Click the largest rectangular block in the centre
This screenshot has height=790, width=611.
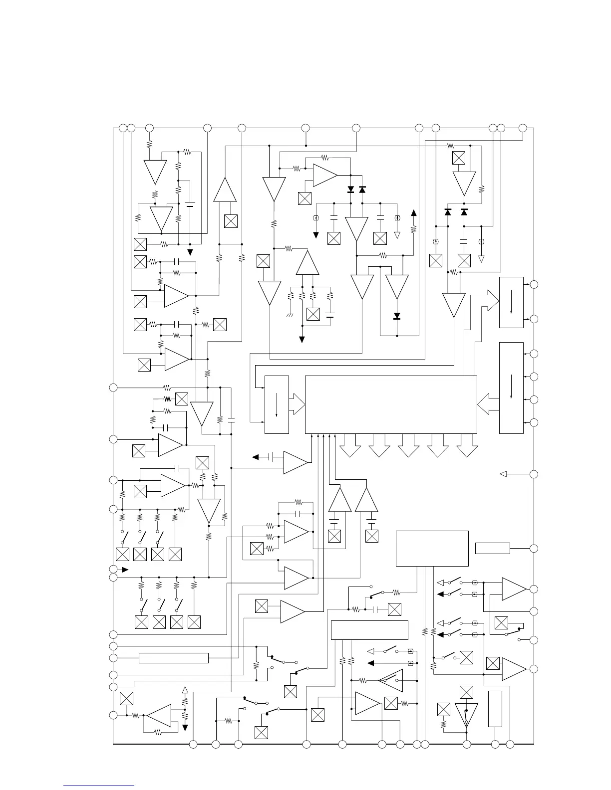tap(390, 404)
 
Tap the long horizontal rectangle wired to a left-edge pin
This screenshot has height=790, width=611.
tap(173, 658)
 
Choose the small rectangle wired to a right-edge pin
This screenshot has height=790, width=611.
tap(492, 548)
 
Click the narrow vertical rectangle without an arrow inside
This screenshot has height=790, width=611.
tap(495, 709)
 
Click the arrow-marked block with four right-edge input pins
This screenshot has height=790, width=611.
tap(511, 388)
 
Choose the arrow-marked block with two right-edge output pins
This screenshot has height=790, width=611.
tap(511, 302)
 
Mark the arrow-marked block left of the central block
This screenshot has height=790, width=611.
tap(277, 404)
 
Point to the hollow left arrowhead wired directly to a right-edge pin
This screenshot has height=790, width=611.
tap(503, 474)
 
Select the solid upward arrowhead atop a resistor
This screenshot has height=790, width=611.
tap(413, 213)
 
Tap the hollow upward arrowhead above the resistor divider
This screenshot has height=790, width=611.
tap(185, 690)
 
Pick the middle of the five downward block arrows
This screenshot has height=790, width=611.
tap(408, 445)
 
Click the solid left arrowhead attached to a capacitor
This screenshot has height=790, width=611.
tap(256, 456)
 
